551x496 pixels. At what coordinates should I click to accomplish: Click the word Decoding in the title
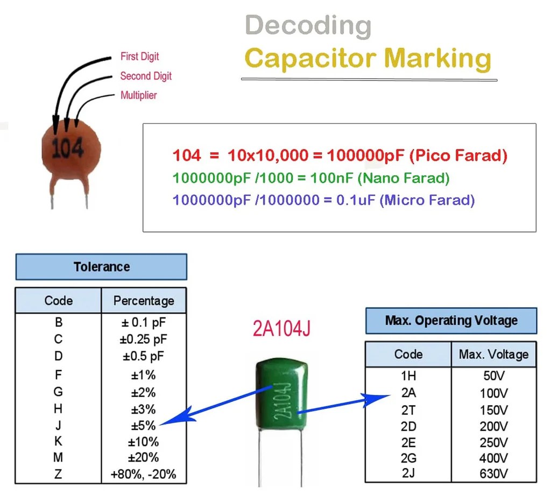click(x=308, y=26)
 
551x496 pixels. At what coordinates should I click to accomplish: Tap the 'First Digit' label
click(x=139, y=56)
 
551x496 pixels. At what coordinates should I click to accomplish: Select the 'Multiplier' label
click(x=138, y=95)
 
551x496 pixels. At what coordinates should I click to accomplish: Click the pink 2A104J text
click(x=281, y=329)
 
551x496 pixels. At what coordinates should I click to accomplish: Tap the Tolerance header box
click(x=101, y=267)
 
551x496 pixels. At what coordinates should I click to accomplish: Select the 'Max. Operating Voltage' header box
click(x=451, y=321)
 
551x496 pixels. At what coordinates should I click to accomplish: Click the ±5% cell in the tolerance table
click(x=143, y=426)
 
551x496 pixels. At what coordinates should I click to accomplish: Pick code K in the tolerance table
click(x=59, y=442)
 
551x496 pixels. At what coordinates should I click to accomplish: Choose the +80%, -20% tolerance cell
click(x=143, y=475)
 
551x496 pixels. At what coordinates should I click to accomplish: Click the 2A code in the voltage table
click(x=408, y=393)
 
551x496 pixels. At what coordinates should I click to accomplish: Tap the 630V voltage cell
click(x=493, y=474)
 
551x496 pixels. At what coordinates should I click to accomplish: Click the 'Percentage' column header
click(x=143, y=301)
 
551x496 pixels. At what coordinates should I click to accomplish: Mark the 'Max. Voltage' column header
click(x=493, y=355)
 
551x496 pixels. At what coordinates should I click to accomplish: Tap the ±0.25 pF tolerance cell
click(x=143, y=339)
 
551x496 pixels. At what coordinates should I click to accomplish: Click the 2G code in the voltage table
click(x=408, y=458)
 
